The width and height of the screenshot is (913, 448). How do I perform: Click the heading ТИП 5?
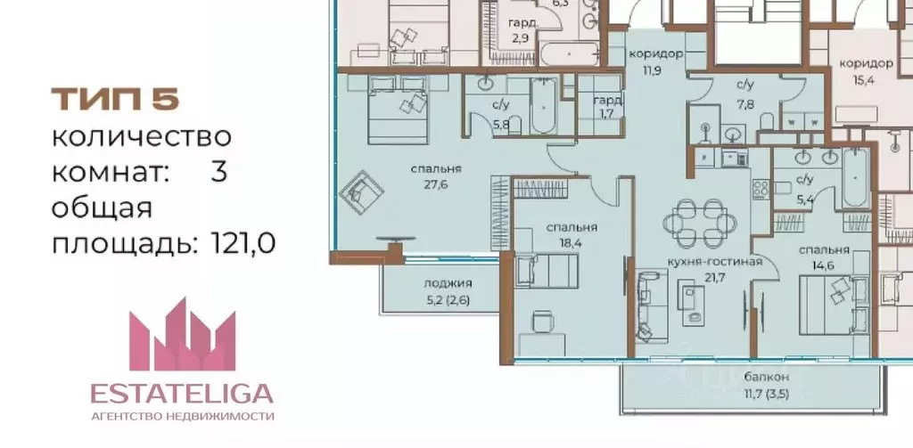tap(115, 100)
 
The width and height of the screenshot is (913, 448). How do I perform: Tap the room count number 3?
tap(218, 172)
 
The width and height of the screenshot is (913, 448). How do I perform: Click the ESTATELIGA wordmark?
tap(183, 394)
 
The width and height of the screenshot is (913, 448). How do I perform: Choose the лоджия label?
tap(447, 285)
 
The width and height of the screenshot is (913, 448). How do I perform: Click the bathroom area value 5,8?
tap(500, 125)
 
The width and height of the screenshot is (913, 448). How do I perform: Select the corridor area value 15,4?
tap(866, 79)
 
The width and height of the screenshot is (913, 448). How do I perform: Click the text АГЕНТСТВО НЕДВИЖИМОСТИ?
tap(183, 416)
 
